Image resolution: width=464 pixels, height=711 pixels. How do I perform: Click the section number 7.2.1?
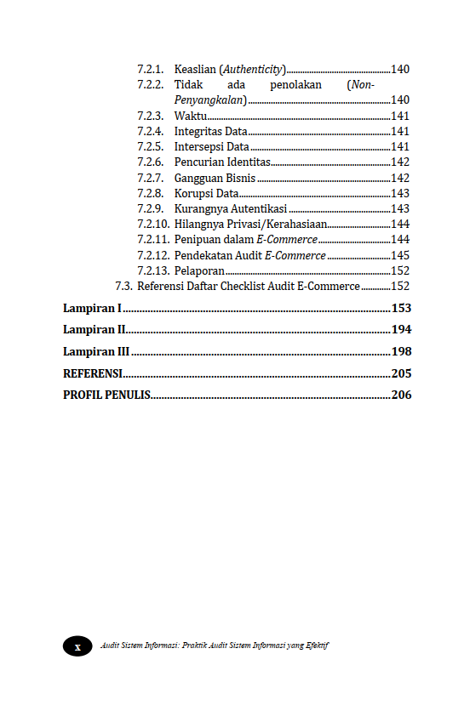150,69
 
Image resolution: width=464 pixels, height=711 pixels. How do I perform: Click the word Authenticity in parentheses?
253,69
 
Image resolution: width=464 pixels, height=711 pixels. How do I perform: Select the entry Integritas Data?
210,131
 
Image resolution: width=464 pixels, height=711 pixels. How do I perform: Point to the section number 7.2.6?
150,162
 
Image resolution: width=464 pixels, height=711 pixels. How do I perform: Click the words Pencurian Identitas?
221,162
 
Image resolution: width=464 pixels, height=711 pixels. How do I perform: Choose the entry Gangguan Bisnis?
215,178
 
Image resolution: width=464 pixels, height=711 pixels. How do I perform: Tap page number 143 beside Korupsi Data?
400,193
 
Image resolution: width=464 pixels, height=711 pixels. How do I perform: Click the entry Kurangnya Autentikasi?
230,208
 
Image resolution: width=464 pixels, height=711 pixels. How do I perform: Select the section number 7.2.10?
152,224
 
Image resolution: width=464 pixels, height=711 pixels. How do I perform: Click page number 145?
400,255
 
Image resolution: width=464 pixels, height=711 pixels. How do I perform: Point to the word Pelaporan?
199,270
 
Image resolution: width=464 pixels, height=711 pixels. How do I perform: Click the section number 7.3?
123,287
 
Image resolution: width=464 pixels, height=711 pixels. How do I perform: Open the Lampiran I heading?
92,308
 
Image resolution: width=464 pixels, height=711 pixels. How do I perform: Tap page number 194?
401,329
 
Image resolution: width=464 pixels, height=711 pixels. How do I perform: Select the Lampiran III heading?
96,351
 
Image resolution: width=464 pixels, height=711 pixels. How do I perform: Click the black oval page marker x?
77,646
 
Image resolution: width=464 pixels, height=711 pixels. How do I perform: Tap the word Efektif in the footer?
317,646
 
